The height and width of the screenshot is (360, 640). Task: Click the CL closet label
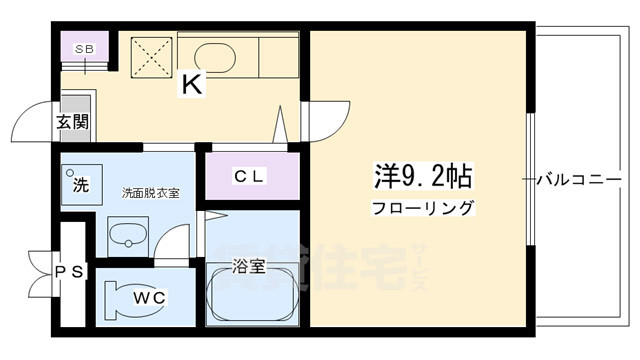click(x=250, y=177)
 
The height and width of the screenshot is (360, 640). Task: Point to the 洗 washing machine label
click(x=79, y=184)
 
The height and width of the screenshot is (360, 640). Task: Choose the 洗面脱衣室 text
click(x=150, y=192)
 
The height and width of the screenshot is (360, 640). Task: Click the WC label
click(x=145, y=298)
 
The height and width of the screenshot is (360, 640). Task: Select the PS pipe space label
click(x=68, y=270)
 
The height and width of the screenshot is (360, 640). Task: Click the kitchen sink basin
click(x=214, y=55)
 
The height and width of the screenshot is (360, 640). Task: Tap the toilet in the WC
click(x=126, y=299)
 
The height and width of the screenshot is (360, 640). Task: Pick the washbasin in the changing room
click(x=127, y=238)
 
